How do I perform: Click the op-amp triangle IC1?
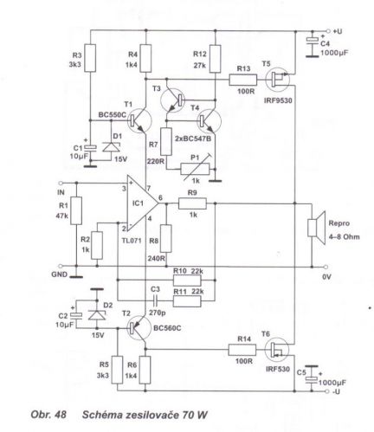[x=142, y=203]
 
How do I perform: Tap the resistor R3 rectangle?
[x=90, y=58]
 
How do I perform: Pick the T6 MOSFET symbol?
[x=277, y=350]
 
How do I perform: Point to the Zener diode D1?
[x=111, y=147]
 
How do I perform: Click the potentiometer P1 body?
[x=195, y=169]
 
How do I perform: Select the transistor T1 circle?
[x=139, y=120]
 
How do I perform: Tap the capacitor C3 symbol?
[x=155, y=301]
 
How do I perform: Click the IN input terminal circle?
[x=61, y=183]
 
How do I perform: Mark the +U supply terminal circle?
[x=328, y=30]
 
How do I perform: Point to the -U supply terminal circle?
[x=326, y=391]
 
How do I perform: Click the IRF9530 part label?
[x=278, y=100]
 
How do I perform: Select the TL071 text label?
[x=132, y=241]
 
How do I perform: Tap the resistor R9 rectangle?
[x=192, y=203]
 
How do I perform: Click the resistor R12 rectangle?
[x=216, y=59]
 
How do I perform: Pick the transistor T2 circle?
[x=139, y=328]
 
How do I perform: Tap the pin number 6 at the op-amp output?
[x=160, y=197]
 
